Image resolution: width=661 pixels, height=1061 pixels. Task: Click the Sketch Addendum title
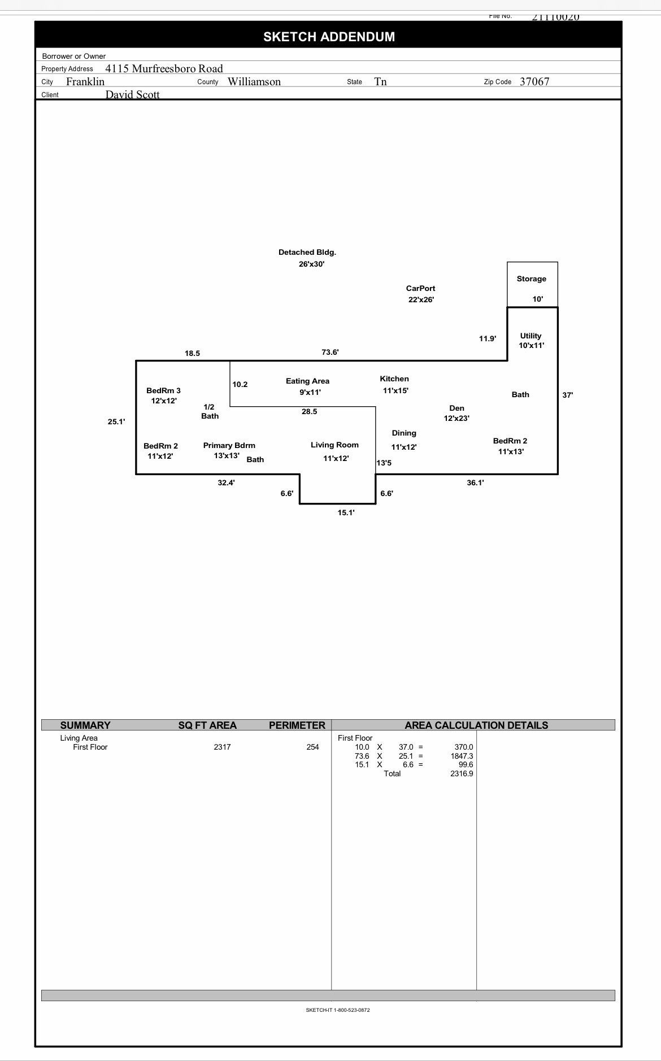[x=329, y=37]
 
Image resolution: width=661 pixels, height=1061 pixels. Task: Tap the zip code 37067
[x=534, y=81]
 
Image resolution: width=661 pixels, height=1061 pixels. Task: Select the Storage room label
[x=531, y=279]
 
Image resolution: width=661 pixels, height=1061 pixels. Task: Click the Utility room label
[x=530, y=336]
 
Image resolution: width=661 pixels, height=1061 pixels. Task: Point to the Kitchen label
[x=394, y=379]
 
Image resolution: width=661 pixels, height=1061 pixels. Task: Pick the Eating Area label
[x=307, y=381]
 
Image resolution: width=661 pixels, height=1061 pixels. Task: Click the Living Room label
[x=334, y=445]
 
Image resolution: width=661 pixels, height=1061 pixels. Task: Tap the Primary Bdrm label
[x=229, y=445]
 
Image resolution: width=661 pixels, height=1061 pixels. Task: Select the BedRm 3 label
[x=163, y=390]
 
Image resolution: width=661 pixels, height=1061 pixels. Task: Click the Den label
[x=456, y=408]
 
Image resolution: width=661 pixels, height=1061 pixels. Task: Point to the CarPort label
[x=420, y=288]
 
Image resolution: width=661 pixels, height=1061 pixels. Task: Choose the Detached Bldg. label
[x=307, y=253]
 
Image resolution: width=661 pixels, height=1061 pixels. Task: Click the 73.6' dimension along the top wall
[x=330, y=352]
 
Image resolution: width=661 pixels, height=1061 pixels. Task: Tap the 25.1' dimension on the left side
[x=116, y=421]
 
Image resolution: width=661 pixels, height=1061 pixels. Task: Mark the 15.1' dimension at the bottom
[x=346, y=512]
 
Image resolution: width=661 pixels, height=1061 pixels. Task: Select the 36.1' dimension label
[x=475, y=482]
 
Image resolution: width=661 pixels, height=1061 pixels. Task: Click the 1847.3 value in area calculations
[x=462, y=756]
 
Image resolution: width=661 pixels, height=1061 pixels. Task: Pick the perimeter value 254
[x=312, y=747]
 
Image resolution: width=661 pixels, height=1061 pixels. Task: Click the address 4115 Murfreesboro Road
[x=164, y=68]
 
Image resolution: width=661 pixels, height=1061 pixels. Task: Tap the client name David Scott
[x=132, y=94]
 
